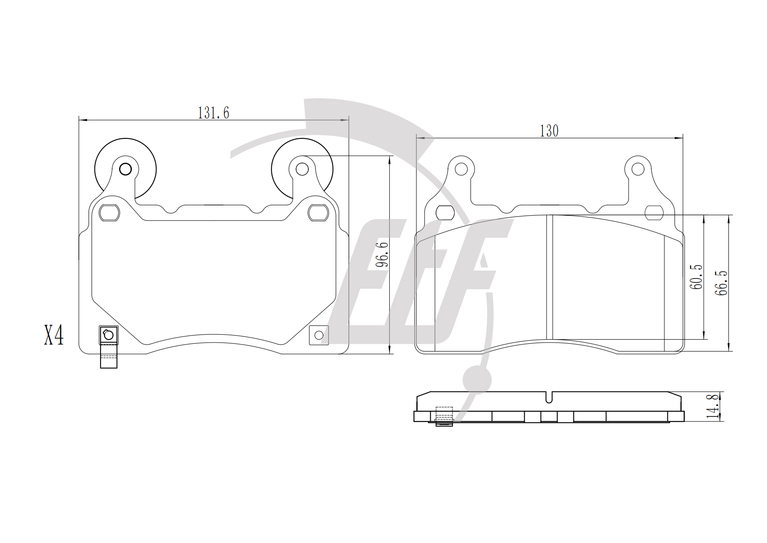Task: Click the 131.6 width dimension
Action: click(214, 113)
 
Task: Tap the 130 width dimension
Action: click(549, 131)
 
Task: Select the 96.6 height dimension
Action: click(382, 255)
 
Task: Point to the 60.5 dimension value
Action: click(696, 277)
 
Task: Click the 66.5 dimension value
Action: click(721, 283)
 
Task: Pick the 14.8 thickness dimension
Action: click(713, 406)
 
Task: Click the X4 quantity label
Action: click(54, 335)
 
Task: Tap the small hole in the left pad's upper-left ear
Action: click(125, 169)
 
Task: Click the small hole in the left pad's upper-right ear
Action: click(302, 169)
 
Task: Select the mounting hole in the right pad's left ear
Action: click(462, 169)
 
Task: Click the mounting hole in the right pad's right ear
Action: click(638, 169)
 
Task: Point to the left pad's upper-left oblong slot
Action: click(110, 213)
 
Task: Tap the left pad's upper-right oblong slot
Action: click(318, 213)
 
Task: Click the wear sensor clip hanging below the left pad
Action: click(109, 347)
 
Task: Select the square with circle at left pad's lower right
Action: click(319, 335)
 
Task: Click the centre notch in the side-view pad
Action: click(549, 397)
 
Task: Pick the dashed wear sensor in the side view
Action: click(444, 416)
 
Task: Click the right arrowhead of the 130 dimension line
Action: click(679, 138)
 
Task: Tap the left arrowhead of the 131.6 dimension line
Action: click(83, 120)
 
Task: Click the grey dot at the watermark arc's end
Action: click(477, 380)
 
